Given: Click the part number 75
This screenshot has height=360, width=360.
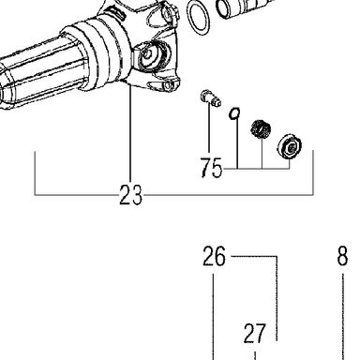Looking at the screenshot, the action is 211,168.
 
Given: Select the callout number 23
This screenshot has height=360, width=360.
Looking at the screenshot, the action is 131,195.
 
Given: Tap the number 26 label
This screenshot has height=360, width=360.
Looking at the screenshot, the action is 214,256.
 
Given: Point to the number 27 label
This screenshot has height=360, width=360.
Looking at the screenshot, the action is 255,334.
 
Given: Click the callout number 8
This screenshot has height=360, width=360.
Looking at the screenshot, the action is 342,256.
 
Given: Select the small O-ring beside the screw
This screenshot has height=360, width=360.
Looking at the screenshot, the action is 234,113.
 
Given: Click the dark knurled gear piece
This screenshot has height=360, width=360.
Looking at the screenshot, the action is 261,128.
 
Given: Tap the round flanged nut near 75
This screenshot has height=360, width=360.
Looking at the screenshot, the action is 290,145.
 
